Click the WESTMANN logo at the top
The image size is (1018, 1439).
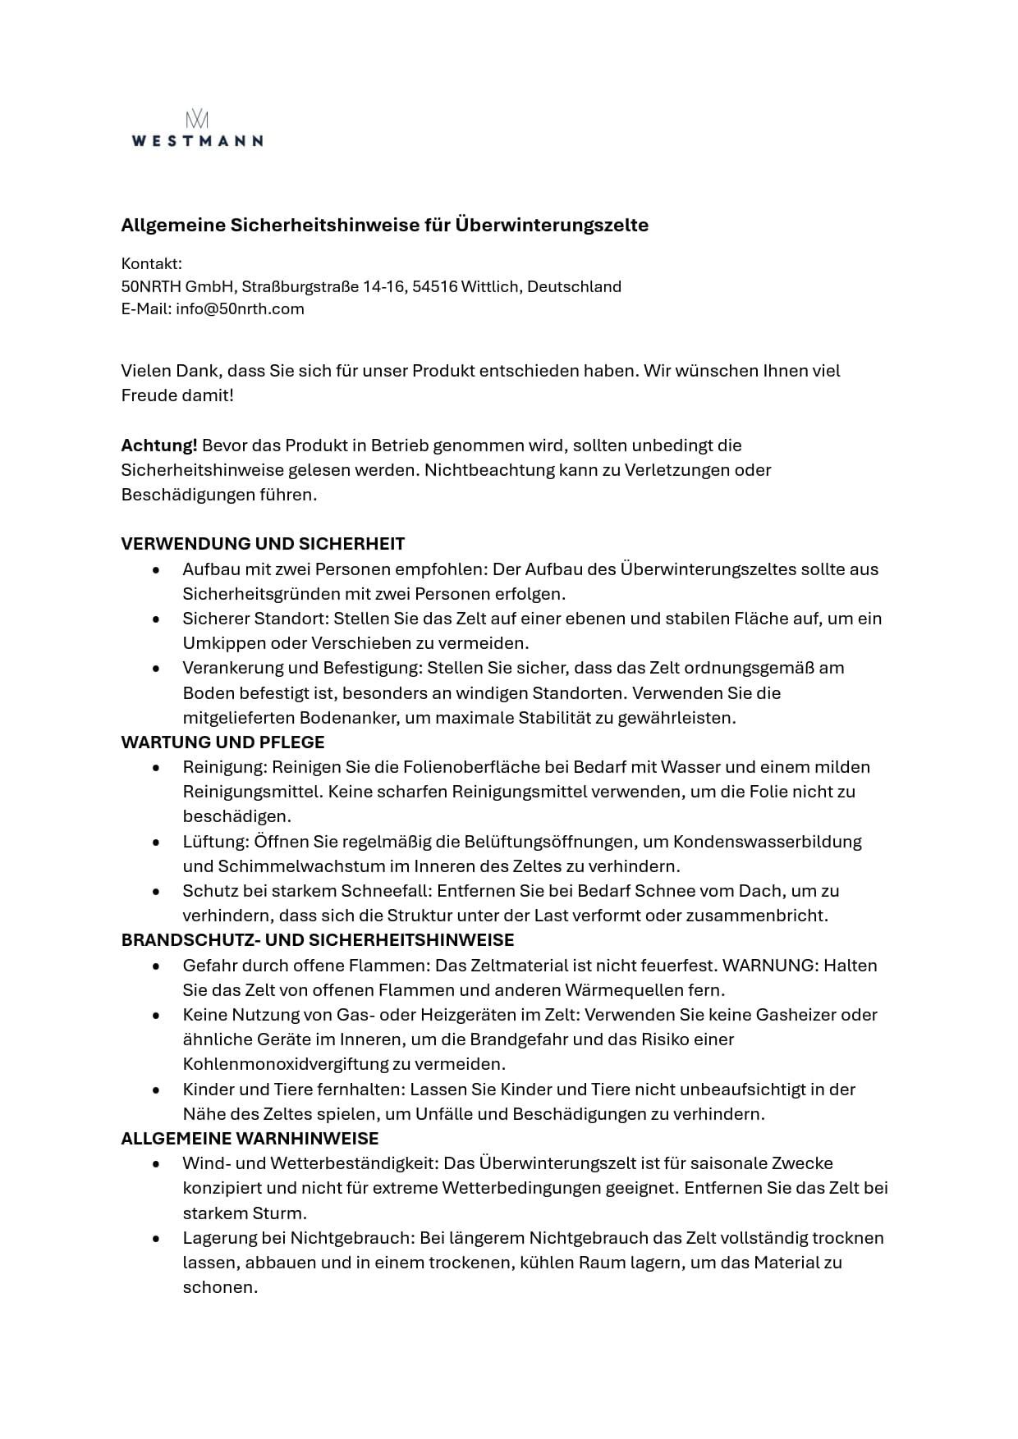pos(197,130)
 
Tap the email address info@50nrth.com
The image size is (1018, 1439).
pos(240,309)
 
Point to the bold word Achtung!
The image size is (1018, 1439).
pos(159,445)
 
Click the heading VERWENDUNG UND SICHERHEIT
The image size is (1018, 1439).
pos(263,544)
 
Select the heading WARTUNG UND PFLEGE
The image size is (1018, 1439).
pos(222,742)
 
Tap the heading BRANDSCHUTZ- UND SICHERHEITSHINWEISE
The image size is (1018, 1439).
pos(318,940)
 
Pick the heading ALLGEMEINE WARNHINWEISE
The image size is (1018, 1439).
pos(250,1139)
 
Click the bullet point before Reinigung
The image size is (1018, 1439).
pos(156,768)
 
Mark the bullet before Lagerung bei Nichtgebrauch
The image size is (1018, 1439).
pos(156,1238)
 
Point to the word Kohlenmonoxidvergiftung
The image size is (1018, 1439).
pos(288,1064)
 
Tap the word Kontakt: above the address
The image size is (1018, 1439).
pos(151,264)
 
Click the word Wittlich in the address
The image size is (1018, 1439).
pos(489,287)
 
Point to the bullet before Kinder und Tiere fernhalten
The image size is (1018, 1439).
pos(156,1090)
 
